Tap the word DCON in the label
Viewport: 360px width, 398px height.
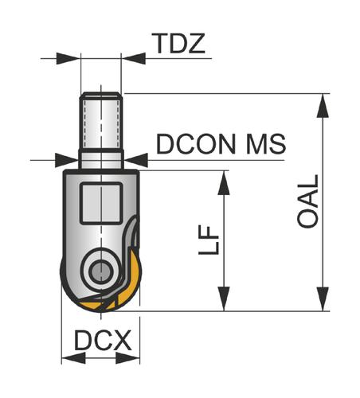coord(196,144)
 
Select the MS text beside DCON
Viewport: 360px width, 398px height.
coord(266,144)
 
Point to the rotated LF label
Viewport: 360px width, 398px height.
coord(209,240)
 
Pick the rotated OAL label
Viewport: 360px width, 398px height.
coord(308,201)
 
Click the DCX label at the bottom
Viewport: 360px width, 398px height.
coord(103,340)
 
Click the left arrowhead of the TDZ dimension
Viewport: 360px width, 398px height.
coord(68,58)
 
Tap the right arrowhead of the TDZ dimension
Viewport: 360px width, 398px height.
coord(134,58)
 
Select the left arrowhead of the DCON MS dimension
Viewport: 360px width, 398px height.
coord(67,160)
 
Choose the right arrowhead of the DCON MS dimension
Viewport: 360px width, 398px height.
coord(136,160)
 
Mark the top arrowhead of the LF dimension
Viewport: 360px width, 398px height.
coord(224,183)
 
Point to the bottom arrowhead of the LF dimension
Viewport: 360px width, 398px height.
coord(224,298)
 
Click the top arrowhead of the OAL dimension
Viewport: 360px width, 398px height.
coord(323,106)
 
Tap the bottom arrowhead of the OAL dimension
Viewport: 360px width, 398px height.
coord(323,298)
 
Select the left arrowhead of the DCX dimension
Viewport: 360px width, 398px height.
coord(73,358)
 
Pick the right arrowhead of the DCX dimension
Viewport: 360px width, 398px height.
coord(128,358)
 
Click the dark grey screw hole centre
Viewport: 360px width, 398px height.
coord(101,271)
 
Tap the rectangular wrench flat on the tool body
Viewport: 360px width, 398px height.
coord(101,204)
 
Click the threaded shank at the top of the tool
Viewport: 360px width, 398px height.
coord(101,121)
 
